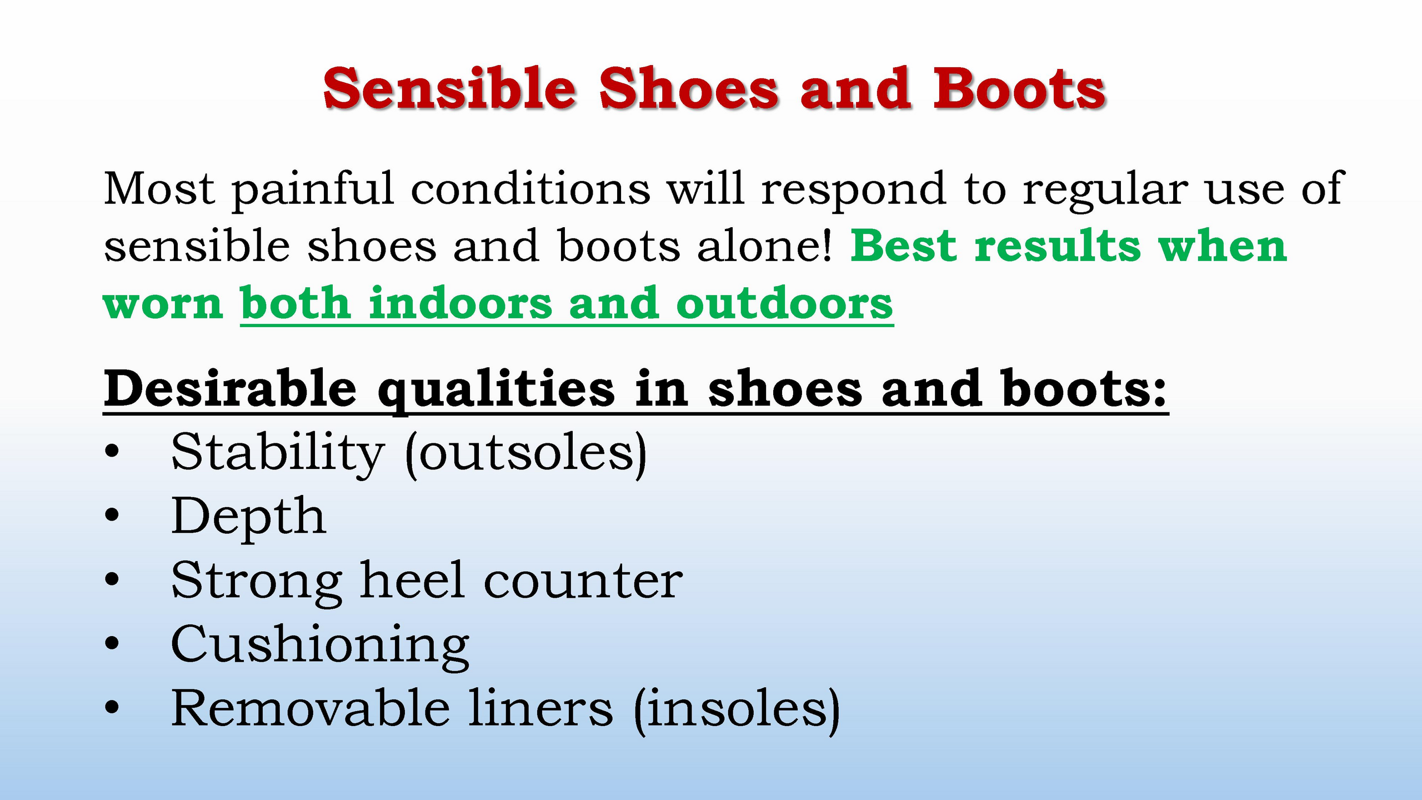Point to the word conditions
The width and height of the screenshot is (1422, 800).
pyautogui.click(x=530, y=188)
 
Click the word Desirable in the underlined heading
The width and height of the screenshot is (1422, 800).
pyautogui.click(x=230, y=388)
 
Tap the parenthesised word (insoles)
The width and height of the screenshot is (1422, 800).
pyautogui.click(x=737, y=710)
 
